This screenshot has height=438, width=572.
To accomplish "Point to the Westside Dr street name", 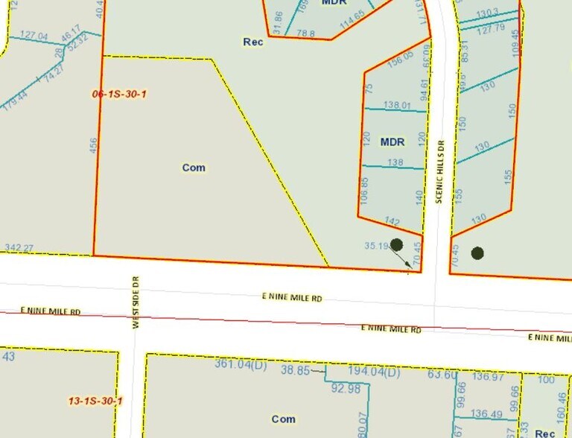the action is coord(136,301).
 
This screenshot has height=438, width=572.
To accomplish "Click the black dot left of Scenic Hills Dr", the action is coord(396,244).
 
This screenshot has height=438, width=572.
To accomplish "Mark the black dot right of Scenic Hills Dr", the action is coord(477,253).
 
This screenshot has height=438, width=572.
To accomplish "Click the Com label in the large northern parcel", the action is coord(194,168).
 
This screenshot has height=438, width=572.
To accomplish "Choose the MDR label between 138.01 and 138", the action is coord(393,142).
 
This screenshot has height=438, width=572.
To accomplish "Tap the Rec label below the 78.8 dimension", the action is coord(253,42).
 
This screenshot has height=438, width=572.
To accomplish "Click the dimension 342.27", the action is coord(19,248).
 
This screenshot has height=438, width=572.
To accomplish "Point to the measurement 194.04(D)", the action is coord(375,372).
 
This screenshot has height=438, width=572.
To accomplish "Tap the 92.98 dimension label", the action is coord(346,387).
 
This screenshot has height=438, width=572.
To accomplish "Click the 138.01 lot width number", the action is coord(397,106).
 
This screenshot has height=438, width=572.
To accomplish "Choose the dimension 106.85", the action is coord(364,190).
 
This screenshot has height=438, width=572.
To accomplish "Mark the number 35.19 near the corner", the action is coord(377,245).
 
